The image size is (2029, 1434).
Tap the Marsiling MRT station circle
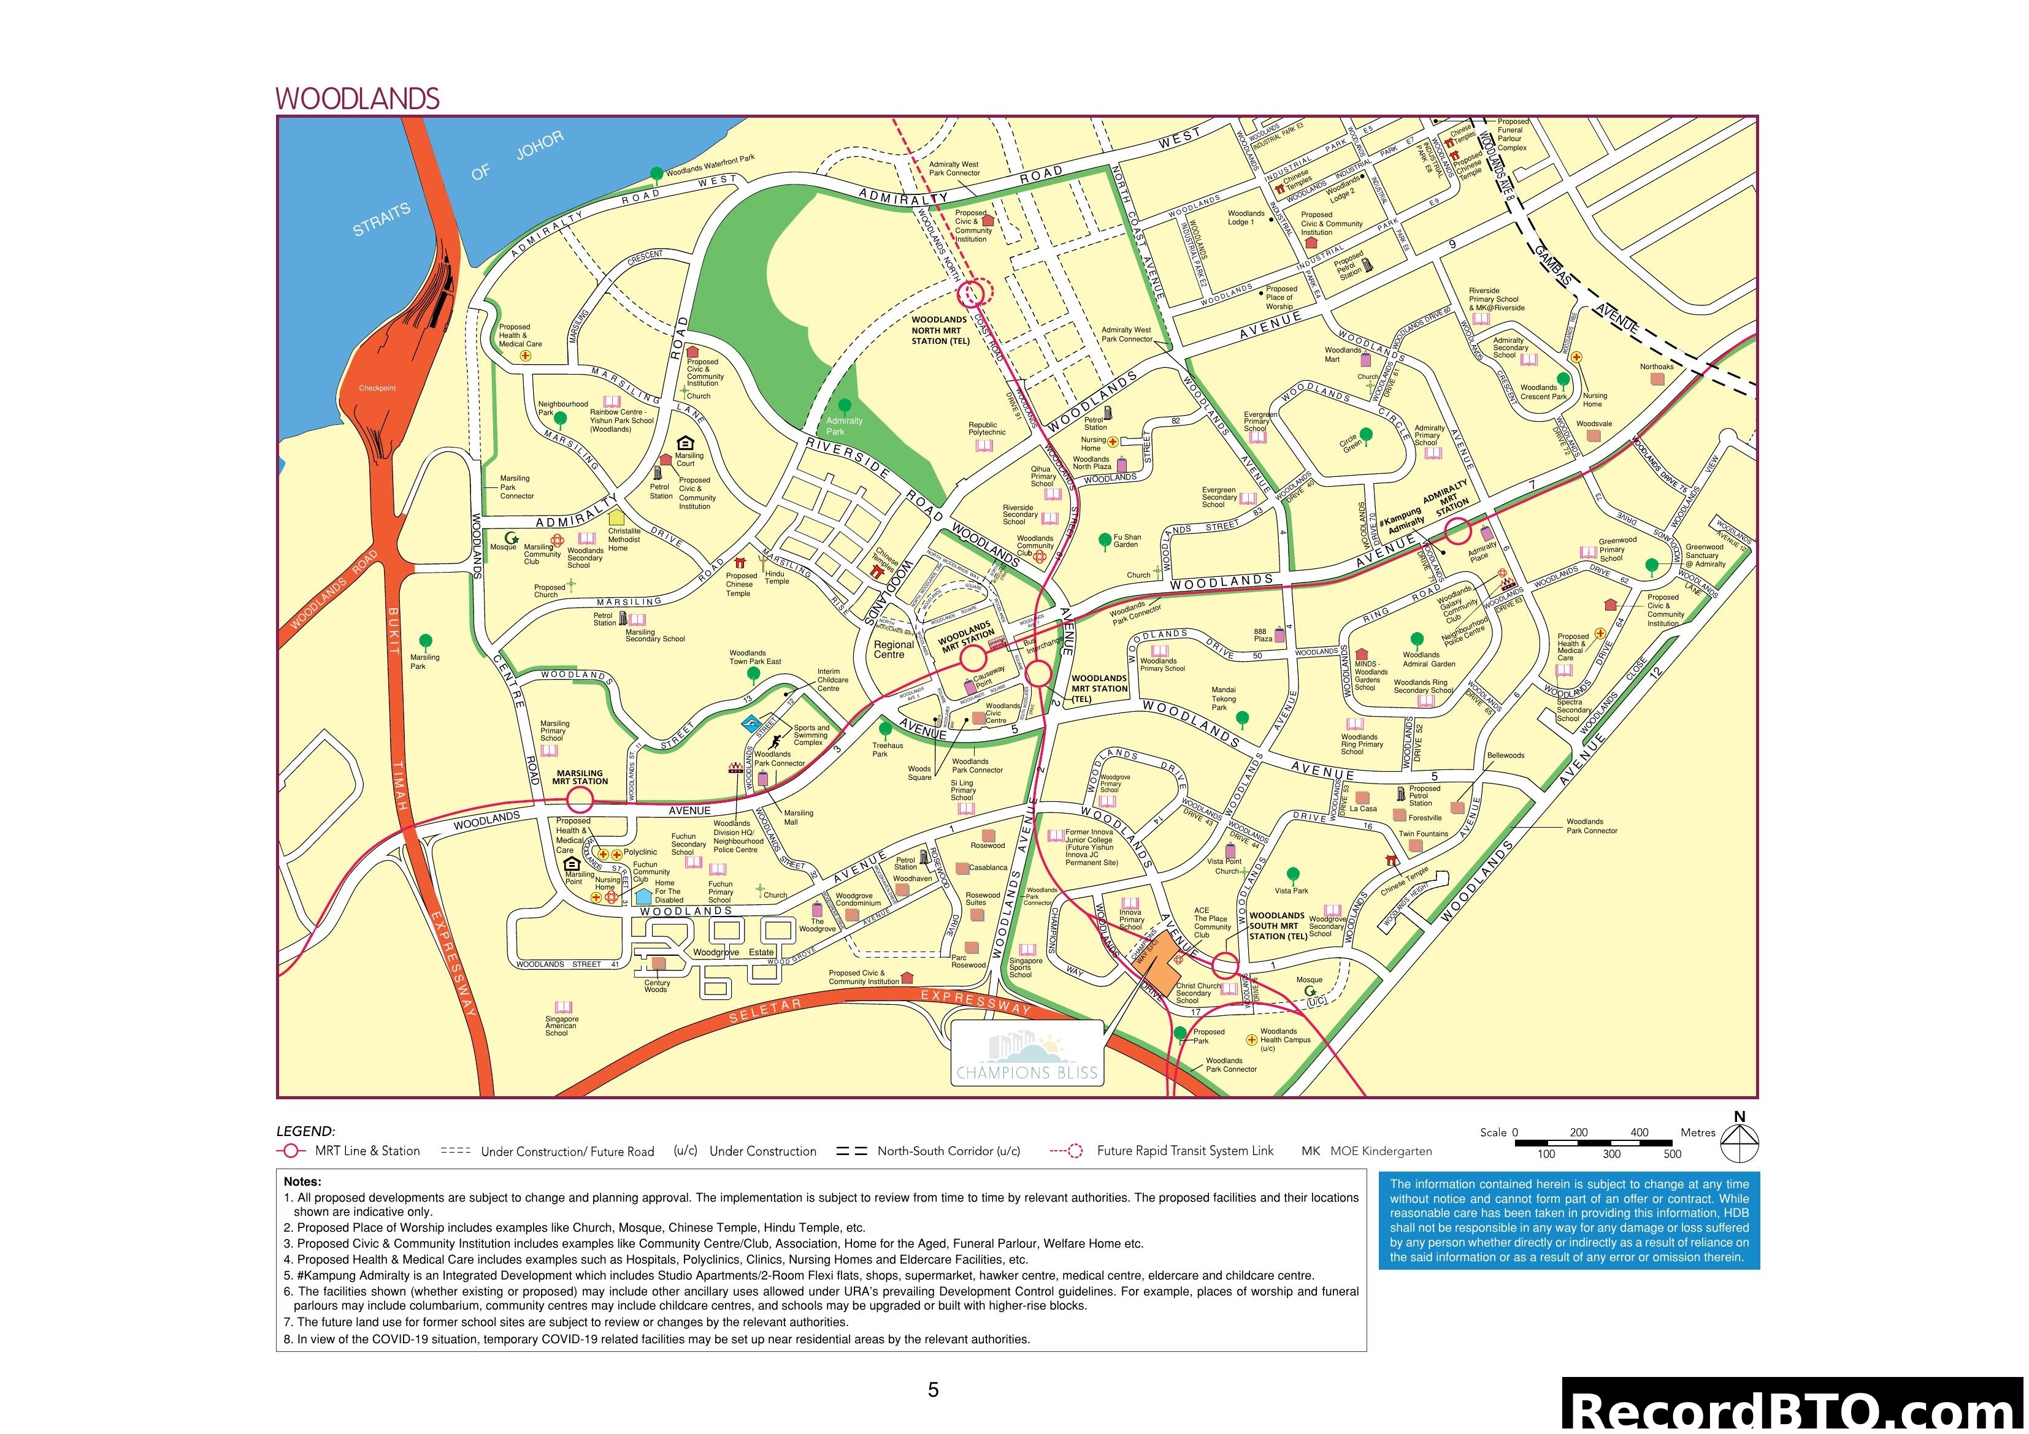click(x=580, y=801)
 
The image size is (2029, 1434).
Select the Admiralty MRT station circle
click(x=1457, y=531)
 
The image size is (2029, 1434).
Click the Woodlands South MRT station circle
click(x=1225, y=966)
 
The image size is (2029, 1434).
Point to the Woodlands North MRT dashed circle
click(x=971, y=293)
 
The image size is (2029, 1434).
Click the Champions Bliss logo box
click(x=1027, y=1053)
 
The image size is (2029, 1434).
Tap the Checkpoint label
click(x=377, y=388)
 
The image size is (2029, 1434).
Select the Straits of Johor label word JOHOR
click(x=539, y=146)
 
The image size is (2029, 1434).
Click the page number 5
click(x=933, y=1390)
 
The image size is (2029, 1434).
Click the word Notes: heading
click(x=302, y=1181)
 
